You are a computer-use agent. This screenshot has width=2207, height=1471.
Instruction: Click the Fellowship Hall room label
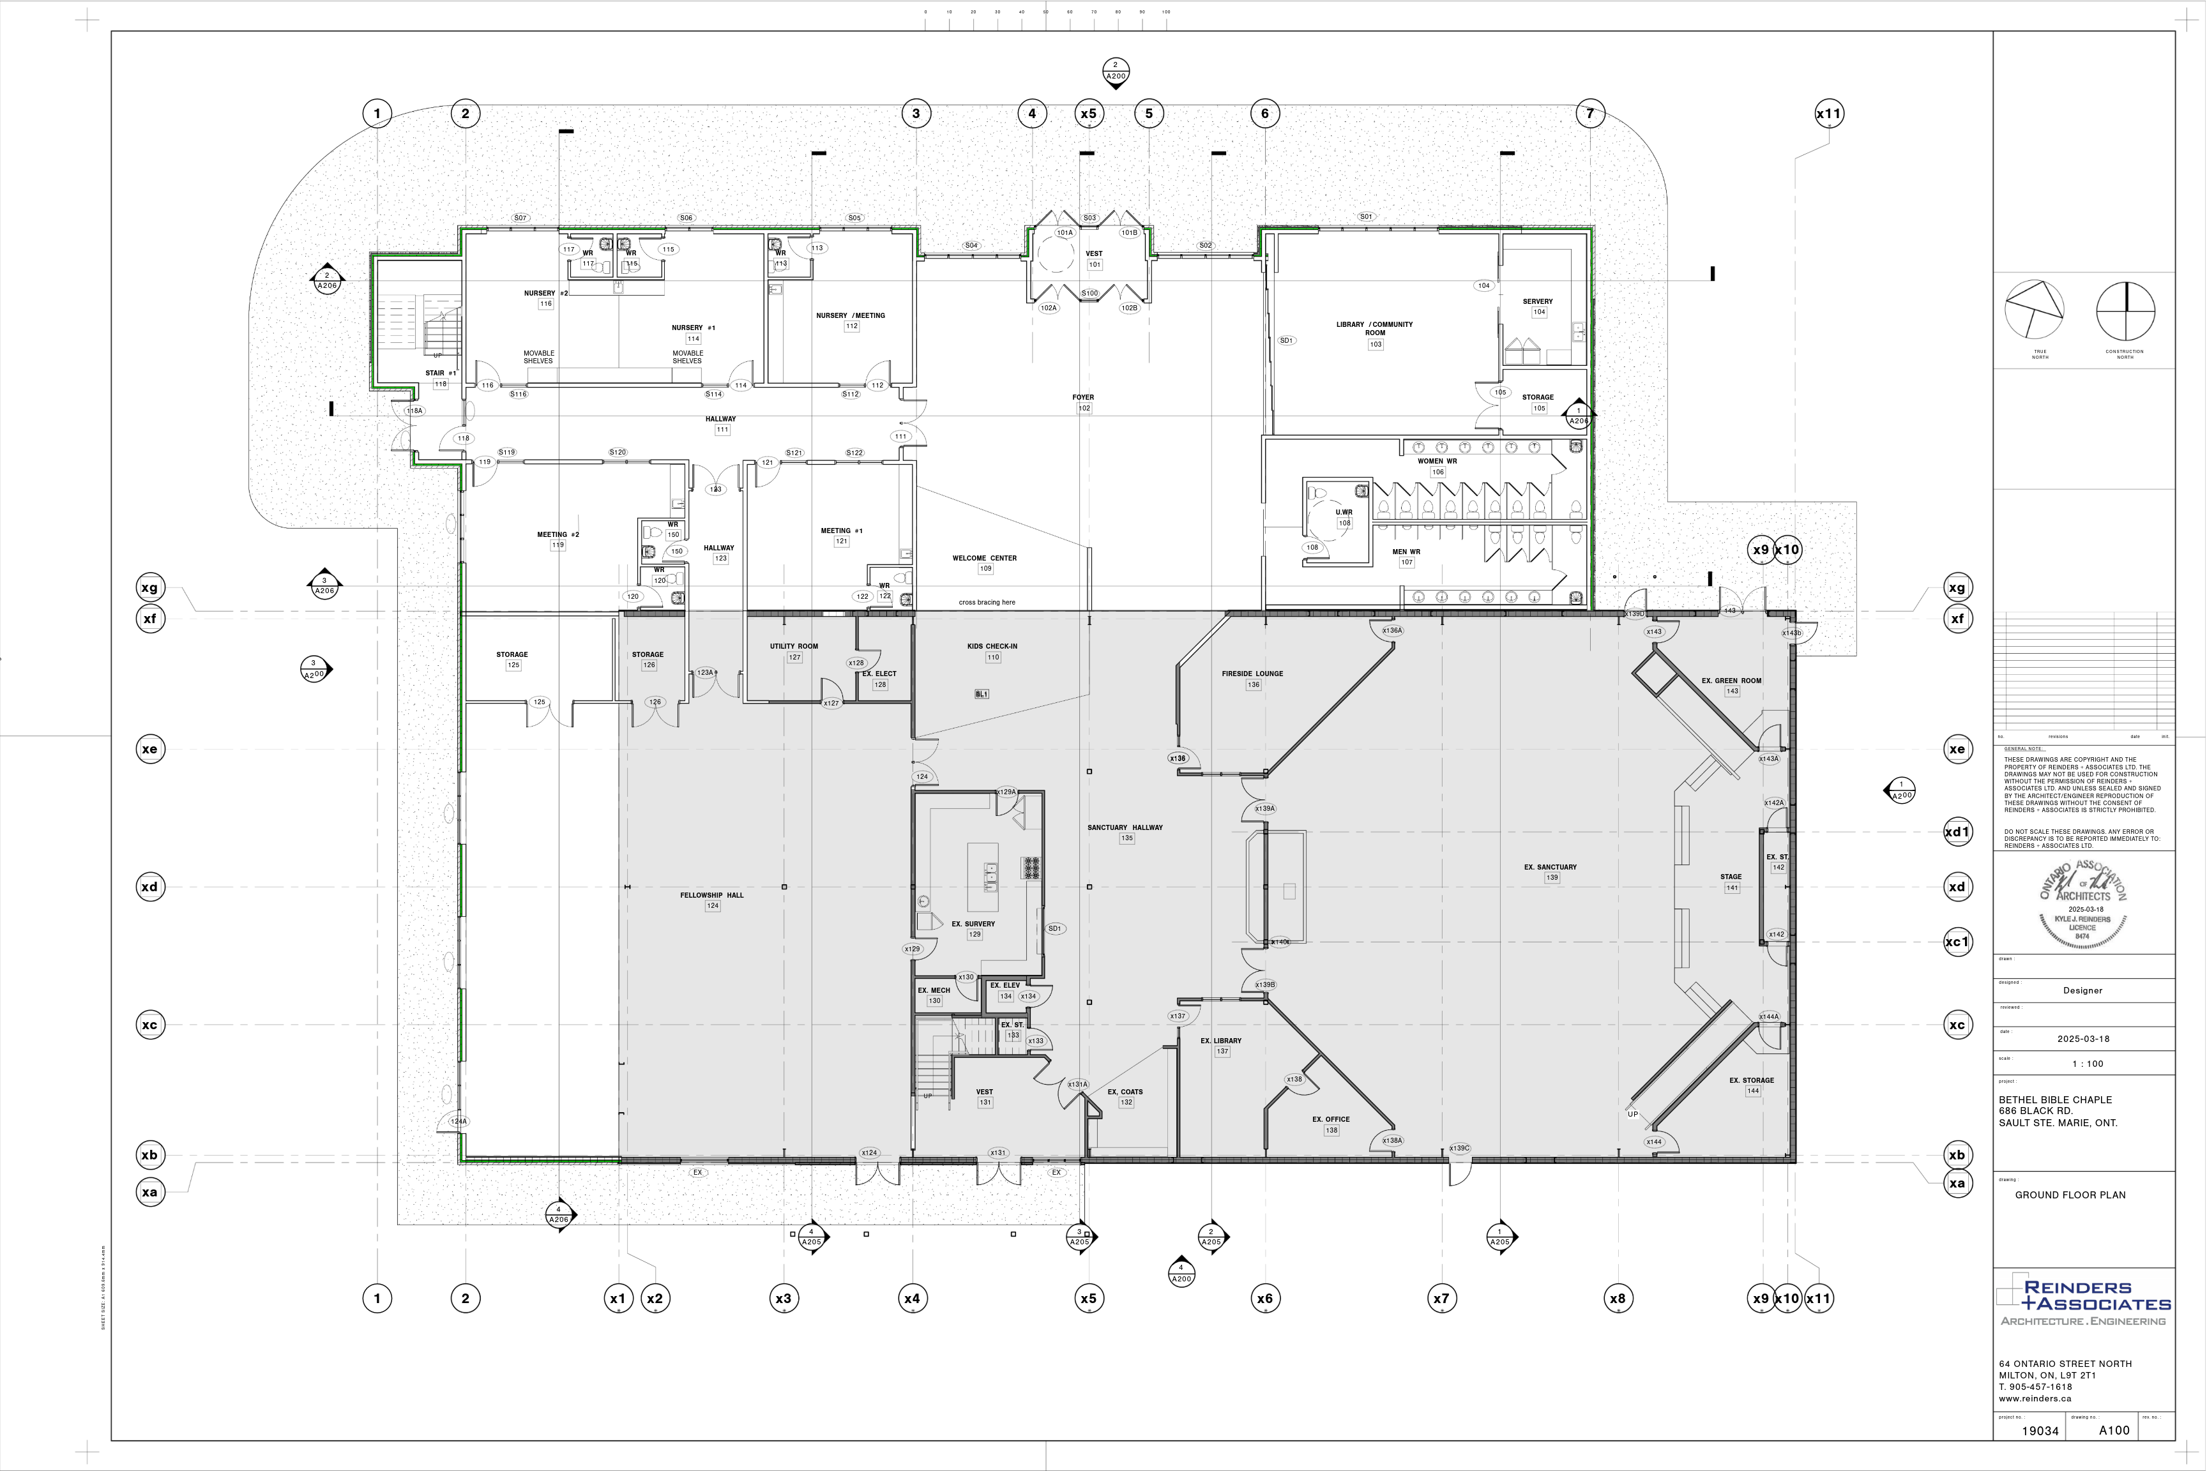(712, 896)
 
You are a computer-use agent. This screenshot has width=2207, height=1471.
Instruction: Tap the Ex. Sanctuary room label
(1550, 868)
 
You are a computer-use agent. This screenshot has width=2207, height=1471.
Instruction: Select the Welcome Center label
(984, 558)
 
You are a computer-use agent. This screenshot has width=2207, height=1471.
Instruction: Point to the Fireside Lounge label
(1252, 674)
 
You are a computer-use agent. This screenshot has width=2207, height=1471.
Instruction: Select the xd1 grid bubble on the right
(1957, 832)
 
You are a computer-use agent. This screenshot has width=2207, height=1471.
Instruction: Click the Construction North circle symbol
(2125, 312)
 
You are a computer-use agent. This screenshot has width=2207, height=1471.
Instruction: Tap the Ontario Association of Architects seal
(2082, 903)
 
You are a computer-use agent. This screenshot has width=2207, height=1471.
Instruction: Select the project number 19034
(2040, 1431)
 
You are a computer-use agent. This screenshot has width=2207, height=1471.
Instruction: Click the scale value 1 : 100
(2088, 1064)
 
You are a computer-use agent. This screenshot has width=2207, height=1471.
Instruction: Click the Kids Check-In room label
(992, 646)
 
